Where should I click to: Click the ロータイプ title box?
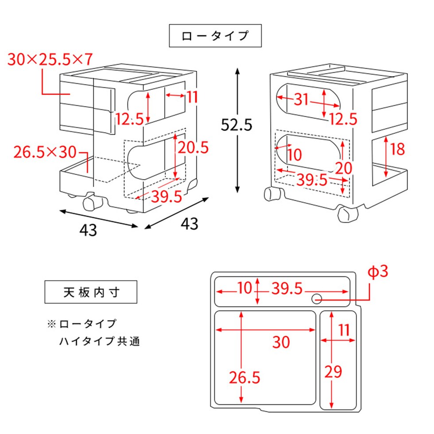coord(216,36)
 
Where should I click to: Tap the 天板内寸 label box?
coord(90,292)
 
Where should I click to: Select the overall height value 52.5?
coord(236,125)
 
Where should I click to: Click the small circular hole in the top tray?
coord(317,299)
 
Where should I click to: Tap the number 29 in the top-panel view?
coord(333,372)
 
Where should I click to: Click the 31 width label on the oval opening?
coord(301,100)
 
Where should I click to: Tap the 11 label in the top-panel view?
coord(344,330)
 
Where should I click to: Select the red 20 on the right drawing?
coord(343,168)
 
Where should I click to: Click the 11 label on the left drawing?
coord(191,97)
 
